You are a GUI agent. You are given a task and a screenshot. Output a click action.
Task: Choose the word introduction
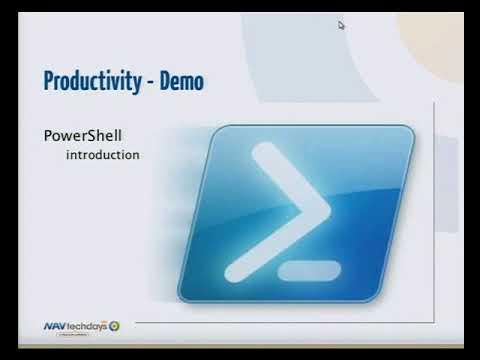[102, 155]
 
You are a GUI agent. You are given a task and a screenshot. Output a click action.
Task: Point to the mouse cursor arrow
[341, 26]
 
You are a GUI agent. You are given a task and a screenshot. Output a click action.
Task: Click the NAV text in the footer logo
[56, 326]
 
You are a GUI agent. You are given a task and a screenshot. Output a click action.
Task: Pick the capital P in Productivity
[50, 82]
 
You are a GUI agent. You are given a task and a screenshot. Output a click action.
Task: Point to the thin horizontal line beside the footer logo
[280, 323]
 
